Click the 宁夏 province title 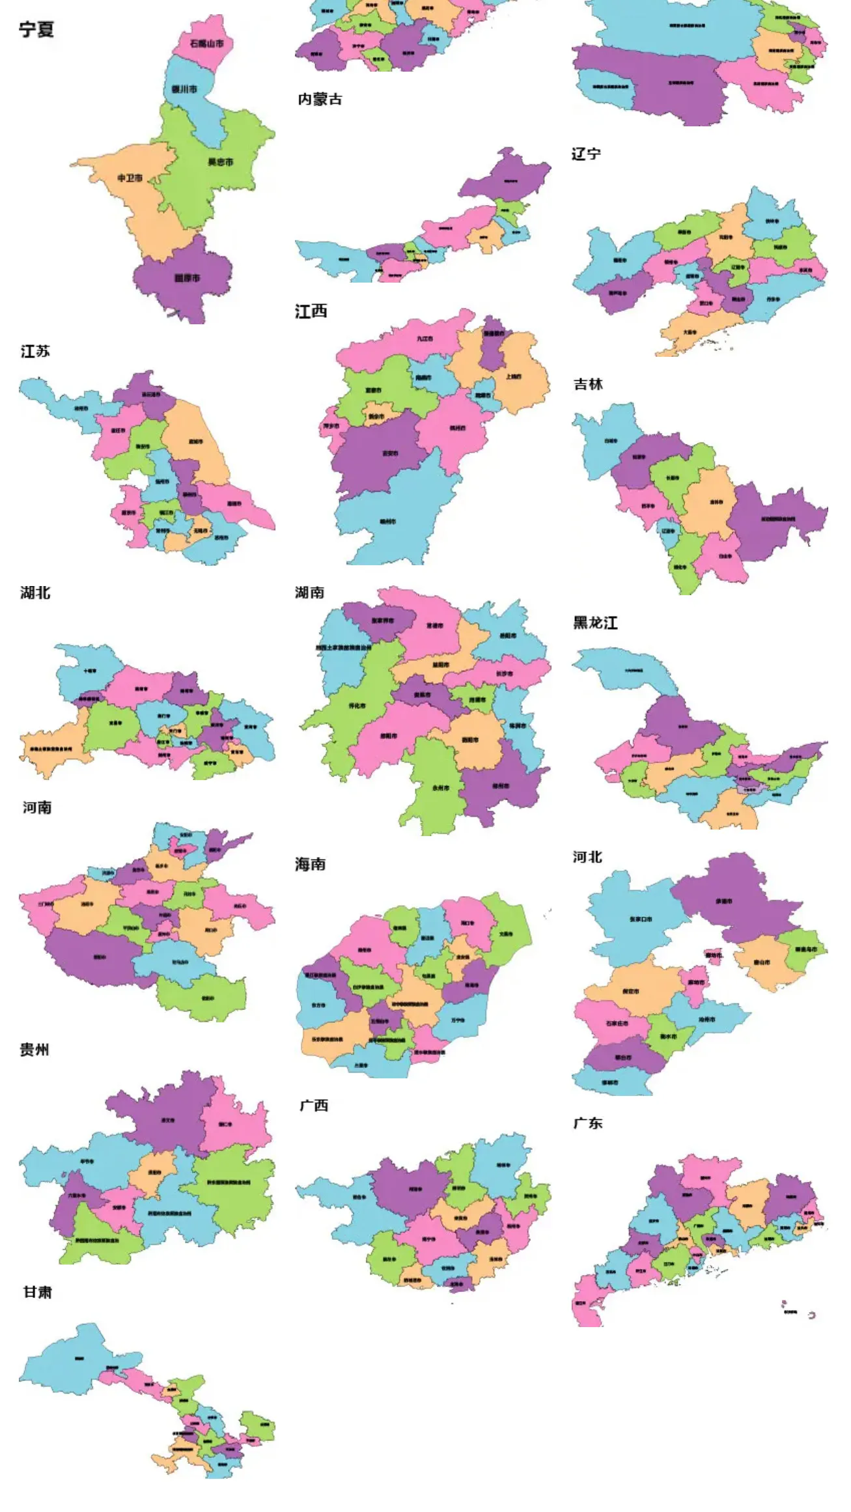click(36, 29)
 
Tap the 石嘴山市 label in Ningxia click(206, 44)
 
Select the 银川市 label click(184, 89)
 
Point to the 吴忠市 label click(220, 161)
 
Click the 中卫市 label click(130, 178)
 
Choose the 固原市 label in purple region click(187, 278)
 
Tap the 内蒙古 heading click(320, 99)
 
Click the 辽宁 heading click(586, 154)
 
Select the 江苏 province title click(35, 352)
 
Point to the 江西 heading click(311, 312)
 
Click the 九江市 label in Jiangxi click(425, 339)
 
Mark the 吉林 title click(588, 384)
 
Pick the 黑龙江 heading click(595, 623)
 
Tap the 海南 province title click(310, 864)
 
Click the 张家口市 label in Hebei click(641, 919)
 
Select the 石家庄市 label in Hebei click(617, 1023)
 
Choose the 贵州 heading click(35, 1050)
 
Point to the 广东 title click(588, 1123)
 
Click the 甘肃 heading click(37, 1292)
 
